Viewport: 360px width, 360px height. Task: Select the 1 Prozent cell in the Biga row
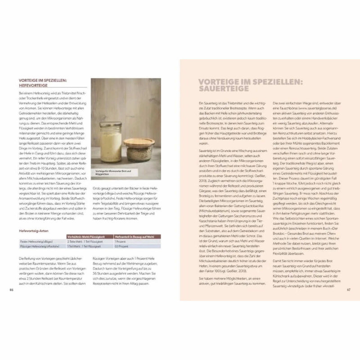pos(119,242)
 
